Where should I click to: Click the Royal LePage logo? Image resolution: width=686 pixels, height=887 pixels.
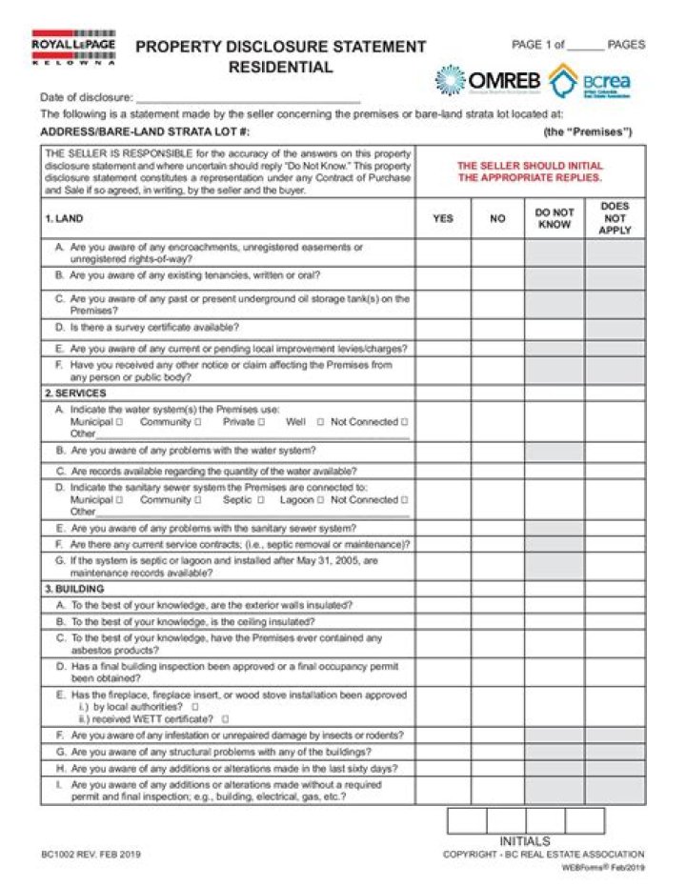73,47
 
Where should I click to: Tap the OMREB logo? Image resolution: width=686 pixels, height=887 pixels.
487,81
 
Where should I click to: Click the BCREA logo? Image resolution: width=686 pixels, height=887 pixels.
590,81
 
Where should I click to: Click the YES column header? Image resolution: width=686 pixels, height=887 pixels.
443,218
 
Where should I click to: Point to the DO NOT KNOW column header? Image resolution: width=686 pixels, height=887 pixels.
554,218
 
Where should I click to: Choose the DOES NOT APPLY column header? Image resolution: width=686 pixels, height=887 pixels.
615,218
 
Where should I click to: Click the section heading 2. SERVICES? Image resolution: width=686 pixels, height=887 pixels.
75,393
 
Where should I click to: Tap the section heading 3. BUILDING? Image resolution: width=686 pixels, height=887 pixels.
75,589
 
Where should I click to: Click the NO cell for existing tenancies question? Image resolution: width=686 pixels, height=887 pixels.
497,277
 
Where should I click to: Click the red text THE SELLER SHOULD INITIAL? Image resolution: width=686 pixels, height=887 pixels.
530,166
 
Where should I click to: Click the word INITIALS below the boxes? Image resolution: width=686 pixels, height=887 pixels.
525,841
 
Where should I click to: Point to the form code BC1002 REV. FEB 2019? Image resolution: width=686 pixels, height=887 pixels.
91,855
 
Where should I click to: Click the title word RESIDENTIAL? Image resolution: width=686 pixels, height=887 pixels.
280,68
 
